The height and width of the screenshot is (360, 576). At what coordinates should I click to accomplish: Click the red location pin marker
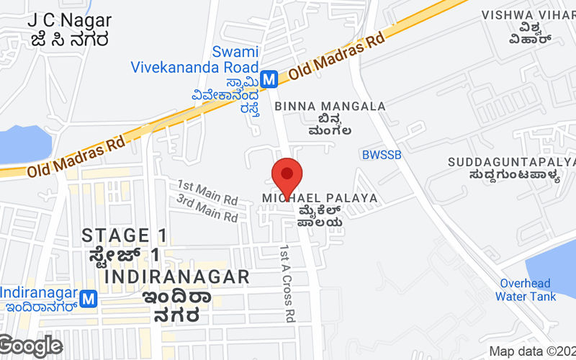coord(287,175)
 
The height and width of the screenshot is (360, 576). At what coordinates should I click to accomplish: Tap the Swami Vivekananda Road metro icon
coord(269,78)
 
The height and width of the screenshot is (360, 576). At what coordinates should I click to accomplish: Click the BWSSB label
coord(381,154)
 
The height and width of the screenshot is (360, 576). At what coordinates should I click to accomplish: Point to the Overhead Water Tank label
coord(526,289)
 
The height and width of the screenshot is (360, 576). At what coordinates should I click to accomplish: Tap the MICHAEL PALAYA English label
coord(319,197)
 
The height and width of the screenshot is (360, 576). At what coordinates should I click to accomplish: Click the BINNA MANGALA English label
coord(330,106)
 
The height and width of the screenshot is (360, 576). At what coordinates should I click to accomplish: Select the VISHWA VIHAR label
coord(528,14)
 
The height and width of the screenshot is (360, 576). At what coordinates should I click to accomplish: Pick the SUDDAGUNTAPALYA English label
coord(511,161)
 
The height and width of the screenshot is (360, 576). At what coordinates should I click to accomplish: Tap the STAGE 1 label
coord(125,235)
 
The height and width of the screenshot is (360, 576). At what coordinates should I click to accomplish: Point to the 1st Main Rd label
coord(207,191)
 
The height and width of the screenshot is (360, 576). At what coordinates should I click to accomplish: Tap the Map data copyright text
coord(531,351)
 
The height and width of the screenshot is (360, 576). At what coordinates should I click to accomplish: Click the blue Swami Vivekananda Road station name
coord(194,59)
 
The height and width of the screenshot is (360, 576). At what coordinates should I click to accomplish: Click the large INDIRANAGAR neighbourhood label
coord(177,276)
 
